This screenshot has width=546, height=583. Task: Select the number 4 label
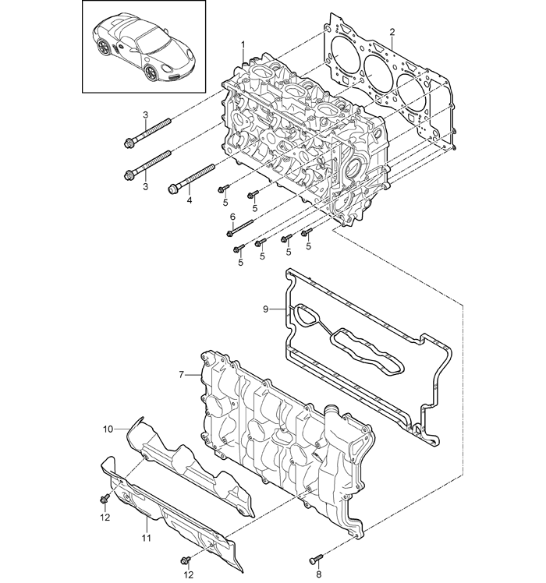[188, 200]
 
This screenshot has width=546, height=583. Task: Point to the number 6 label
[232, 217]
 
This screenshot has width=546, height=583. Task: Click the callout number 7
[181, 375]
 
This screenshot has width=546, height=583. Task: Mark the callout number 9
[265, 309]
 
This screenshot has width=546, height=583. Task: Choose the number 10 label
[108, 429]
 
